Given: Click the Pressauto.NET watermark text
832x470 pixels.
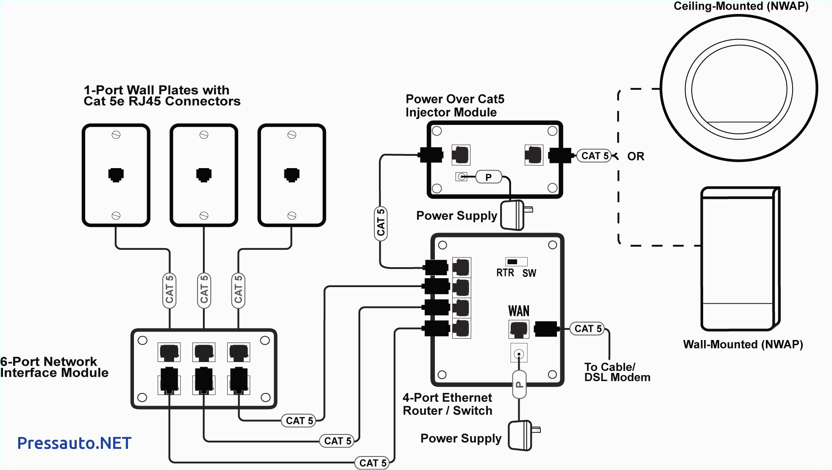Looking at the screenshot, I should [74, 443].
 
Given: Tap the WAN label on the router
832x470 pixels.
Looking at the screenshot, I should [519, 311].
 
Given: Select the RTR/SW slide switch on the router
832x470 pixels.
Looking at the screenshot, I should [516, 262].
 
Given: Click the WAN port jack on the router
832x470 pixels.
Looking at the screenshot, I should [518, 329].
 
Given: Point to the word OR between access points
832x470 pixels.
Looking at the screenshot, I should [635, 157].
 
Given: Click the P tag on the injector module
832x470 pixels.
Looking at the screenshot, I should [488, 177].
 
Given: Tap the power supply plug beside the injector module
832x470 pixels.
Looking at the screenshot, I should [514, 215].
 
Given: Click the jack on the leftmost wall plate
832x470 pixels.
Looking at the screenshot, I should [116, 174].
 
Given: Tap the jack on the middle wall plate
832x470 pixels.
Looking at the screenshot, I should [204, 174].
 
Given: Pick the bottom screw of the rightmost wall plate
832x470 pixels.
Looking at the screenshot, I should [292, 216].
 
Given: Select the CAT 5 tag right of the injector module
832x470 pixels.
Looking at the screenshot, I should [595, 156].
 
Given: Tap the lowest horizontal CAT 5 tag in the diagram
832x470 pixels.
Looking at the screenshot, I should [373, 463].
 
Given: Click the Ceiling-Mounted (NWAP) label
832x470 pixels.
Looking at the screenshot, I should [741, 6].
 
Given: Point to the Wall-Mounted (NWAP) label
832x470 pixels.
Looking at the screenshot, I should [743, 344].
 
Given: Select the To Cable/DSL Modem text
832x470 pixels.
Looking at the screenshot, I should [617, 372].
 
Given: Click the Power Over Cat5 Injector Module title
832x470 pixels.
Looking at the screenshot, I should [454, 105].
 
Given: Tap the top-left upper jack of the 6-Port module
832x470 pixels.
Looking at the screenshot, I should [169, 352].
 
